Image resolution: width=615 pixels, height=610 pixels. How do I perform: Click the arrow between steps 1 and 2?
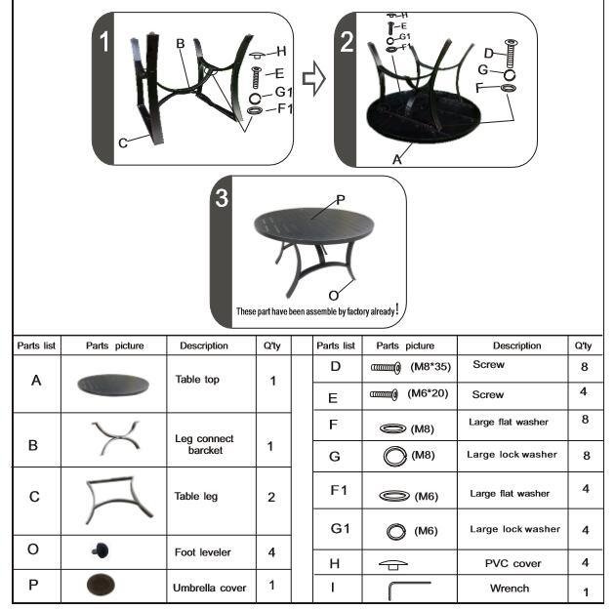coord(313,78)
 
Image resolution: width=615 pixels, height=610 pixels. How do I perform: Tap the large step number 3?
coord(222,197)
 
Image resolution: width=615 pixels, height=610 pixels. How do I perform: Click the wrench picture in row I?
coord(408,589)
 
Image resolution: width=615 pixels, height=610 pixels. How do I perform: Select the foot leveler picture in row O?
coord(101,550)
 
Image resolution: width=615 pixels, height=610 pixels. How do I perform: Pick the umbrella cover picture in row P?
coord(101,585)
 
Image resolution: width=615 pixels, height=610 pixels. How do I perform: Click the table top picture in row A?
coord(113,385)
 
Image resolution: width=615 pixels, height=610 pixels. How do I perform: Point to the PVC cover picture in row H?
coord(393,564)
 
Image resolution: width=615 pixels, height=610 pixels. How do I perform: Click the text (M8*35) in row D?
coord(430,367)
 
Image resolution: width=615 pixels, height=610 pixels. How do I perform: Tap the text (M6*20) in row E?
coord(428,393)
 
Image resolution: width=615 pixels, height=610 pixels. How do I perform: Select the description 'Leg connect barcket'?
coord(204,444)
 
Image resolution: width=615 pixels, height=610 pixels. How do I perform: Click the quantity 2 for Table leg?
coord(271,497)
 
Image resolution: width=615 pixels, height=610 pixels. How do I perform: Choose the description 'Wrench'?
coord(510,589)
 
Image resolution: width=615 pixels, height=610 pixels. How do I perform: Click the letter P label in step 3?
coord(341,200)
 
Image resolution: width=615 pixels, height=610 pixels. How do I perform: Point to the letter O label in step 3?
coord(334,295)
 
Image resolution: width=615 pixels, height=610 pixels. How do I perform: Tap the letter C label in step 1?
coord(123,143)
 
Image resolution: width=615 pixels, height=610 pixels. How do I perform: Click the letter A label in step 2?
coord(397,159)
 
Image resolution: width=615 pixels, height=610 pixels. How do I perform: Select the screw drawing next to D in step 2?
coord(510,54)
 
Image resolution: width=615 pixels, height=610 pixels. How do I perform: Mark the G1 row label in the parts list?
coord(340,528)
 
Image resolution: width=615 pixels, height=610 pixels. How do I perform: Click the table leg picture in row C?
coord(118,500)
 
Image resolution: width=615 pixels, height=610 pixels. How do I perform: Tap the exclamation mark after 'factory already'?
coord(397,309)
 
